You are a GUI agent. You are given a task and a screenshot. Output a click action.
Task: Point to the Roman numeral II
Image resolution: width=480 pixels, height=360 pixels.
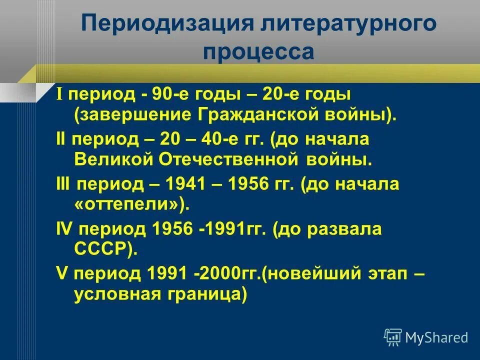point(61,138)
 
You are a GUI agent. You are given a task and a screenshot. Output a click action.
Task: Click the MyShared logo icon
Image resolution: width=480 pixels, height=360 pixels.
point(393,337)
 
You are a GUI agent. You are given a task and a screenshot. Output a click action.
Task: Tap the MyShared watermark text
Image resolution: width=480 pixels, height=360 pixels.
point(436,337)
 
